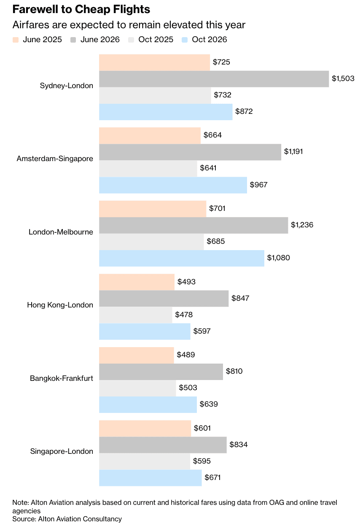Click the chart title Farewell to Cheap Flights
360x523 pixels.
tap(81, 9)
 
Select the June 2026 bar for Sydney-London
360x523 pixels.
tap(214, 79)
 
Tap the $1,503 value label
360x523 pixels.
tap(343, 78)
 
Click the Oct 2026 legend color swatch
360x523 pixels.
tap(185, 40)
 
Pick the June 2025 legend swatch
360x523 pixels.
tap(16, 40)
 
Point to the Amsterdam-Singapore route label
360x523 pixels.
tap(55, 159)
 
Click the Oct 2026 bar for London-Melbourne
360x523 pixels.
tap(182, 258)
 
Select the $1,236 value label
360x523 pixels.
tap(302, 225)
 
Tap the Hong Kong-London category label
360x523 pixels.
tap(60, 305)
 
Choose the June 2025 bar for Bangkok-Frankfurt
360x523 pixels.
tap(136, 355)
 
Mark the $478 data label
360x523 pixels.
tap(184, 314)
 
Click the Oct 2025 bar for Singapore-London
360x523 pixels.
tap(144, 461)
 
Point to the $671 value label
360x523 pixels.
tap(212, 477)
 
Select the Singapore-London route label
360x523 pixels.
tap(62, 451)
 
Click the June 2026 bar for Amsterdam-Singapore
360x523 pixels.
tap(190, 152)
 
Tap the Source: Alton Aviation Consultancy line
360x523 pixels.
tap(67, 519)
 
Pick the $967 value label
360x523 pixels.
tap(259, 185)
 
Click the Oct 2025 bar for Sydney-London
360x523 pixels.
tap(155, 95)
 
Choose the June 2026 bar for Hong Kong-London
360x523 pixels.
tap(164, 299)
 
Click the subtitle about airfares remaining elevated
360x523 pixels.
tap(129, 25)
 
